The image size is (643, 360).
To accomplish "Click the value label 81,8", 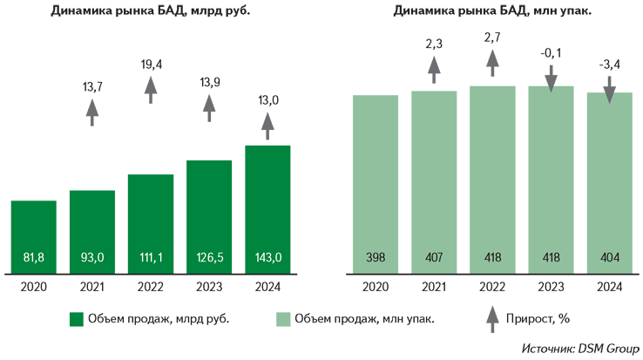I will point(33,257).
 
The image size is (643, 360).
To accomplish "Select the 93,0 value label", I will point(92,257).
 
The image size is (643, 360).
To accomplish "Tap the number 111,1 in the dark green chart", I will point(152,257).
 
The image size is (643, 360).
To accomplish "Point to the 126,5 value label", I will point(211,257).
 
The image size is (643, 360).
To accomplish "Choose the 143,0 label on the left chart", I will point(269,257).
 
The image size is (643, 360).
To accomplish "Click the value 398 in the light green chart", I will point(376,257).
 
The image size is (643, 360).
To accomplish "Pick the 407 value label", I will point(435,257).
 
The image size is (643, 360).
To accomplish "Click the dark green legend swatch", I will point(78,320).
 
